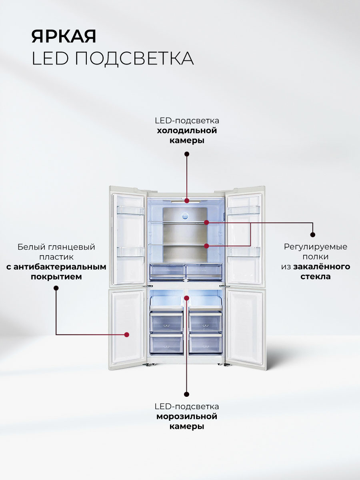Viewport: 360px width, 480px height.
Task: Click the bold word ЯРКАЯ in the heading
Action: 64,36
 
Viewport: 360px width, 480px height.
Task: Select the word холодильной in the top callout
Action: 187,130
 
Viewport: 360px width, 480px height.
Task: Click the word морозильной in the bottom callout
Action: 187,416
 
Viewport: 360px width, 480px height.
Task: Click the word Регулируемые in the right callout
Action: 316,246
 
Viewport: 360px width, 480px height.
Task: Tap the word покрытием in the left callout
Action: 56,277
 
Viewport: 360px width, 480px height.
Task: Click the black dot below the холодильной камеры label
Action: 187,154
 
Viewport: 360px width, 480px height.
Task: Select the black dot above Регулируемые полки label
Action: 313,235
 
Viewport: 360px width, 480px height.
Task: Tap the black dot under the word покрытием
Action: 56,288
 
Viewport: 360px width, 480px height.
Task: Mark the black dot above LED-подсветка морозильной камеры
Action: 187,394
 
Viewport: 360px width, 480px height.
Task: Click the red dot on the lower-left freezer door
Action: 127,334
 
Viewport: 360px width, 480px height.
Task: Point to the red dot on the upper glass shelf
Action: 206,222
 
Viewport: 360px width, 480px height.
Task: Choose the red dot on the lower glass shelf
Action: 206,246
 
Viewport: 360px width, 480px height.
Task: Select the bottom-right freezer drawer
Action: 205,343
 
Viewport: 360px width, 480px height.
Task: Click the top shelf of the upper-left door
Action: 130,210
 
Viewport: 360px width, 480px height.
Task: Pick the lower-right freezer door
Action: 245,326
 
